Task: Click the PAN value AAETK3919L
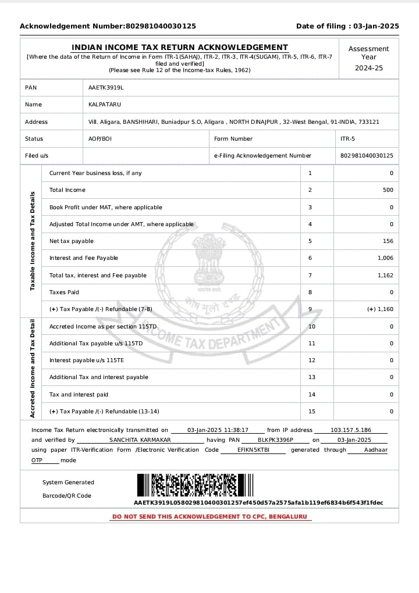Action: pyautogui.click(x=106, y=88)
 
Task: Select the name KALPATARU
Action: pyautogui.click(x=105, y=105)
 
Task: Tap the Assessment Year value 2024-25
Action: pyautogui.click(x=369, y=68)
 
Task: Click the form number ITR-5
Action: pyautogui.click(x=347, y=139)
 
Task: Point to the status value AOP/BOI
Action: pyautogui.click(x=100, y=139)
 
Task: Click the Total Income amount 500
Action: pyautogui.click(x=388, y=190)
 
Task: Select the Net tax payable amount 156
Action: pyautogui.click(x=388, y=241)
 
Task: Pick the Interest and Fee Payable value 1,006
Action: pyautogui.click(x=385, y=258)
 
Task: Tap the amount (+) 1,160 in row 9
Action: pyautogui.click(x=380, y=309)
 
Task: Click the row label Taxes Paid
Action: pyautogui.click(x=64, y=292)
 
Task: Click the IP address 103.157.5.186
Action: pyautogui.click(x=351, y=430)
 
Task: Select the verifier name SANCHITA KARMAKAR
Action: pyautogui.click(x=140, y=440)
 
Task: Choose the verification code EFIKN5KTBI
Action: pyautogui.click(x=253, y=450)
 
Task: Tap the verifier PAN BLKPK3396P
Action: pyautogui.click(x=275, y=440)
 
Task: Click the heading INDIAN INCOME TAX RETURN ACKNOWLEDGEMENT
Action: pyautogui.click(x=180, y=48)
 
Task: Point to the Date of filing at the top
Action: pyautogui.click(x=347, y=26)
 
